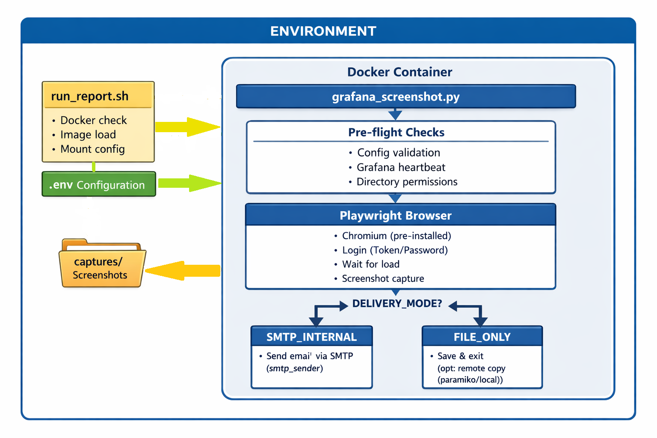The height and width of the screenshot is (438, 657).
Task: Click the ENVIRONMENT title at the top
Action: [x=323, y=31]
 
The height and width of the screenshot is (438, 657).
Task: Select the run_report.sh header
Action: [x=90, y=96]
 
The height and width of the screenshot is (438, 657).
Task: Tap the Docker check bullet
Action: [x=93, y=120]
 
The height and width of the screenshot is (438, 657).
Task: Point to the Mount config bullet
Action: [x=92, y=149]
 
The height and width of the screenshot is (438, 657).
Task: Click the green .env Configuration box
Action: [x=98, y=185]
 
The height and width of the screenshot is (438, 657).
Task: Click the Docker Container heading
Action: [x=400, y=72]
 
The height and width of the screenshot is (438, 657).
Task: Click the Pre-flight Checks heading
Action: [x=396, y=133]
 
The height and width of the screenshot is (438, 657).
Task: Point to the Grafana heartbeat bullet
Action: [x=401, y=167]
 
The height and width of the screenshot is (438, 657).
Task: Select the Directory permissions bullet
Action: [x=407, y=182]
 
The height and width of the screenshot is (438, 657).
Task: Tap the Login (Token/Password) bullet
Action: [x=395, y=250]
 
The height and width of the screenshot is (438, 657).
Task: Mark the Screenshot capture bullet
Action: [x=383, y=279]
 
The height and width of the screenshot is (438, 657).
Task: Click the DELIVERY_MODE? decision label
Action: [x=397, y=304]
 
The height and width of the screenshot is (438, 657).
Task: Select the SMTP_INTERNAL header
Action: [x=311, y=337]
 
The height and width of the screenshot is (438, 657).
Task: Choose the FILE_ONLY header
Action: [x=482, y=337]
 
